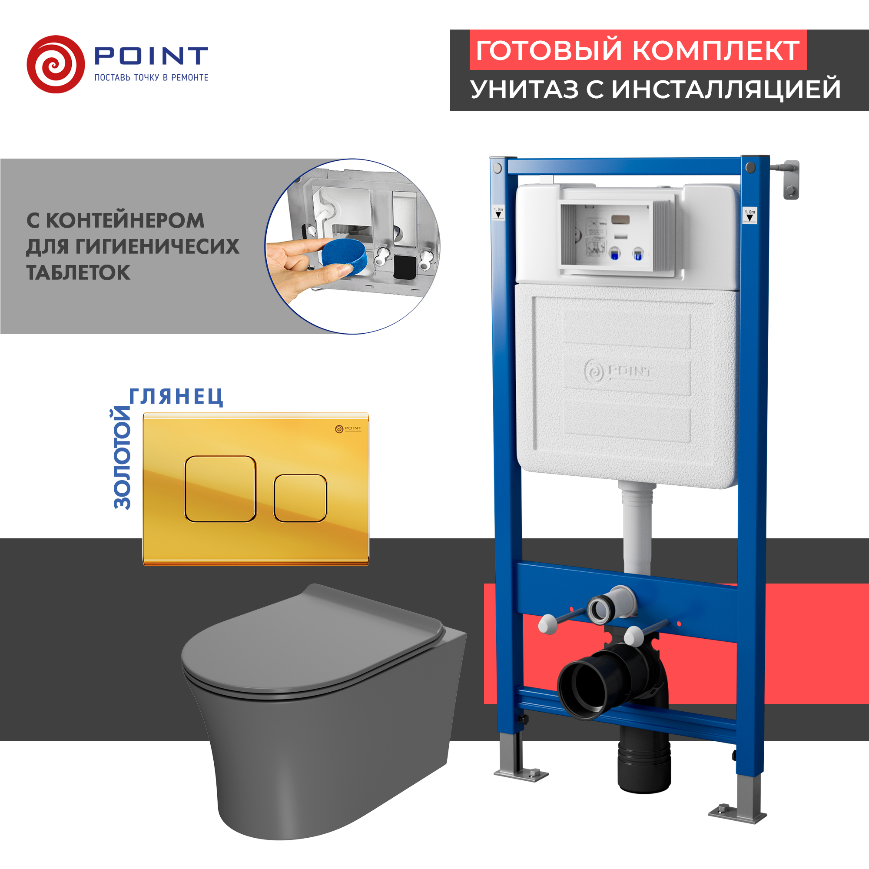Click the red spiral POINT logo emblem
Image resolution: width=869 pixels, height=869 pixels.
(56, 64)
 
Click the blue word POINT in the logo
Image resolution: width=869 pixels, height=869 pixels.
(151, 56)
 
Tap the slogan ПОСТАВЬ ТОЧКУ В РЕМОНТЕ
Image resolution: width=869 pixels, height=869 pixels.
(151, 78)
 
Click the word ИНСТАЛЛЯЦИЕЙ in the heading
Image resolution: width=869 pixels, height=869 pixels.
(726, 90)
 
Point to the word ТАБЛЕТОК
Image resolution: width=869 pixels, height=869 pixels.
(78, 273)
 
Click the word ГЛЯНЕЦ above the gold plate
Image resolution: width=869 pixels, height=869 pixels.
(176, 397)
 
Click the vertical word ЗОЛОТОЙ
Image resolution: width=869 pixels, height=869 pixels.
(122, 458)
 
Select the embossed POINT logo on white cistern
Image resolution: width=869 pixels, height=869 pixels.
(618, 371)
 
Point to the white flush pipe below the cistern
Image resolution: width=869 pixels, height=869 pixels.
(637, 531)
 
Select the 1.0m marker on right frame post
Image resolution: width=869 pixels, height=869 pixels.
(750, 215)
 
